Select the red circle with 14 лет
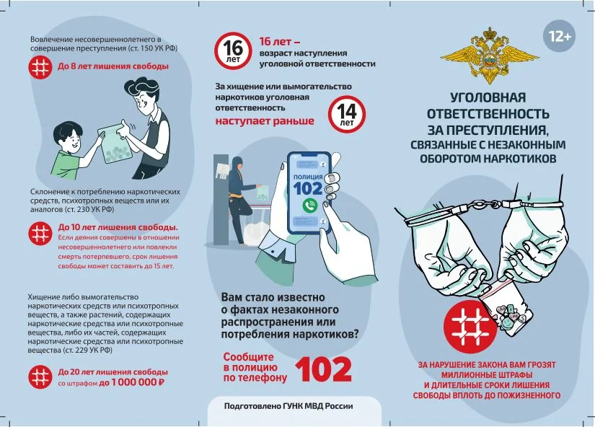(x=347, y=114)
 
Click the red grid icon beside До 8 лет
(x=40, y=67)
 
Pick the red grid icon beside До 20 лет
(x=40, y=377)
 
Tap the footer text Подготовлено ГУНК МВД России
(x=288, y=406)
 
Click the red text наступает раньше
(x=265, y=120)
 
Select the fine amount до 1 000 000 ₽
(x=132, y=382)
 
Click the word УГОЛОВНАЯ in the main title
(x=488, y=97)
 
